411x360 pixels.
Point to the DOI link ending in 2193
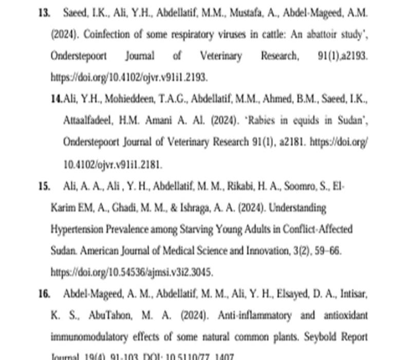click(129, 77)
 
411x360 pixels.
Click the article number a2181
click(290, 143)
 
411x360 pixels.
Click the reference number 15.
click(44, 186)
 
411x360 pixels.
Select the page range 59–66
click(327, 251)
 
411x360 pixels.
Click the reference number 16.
click(44, 294)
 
